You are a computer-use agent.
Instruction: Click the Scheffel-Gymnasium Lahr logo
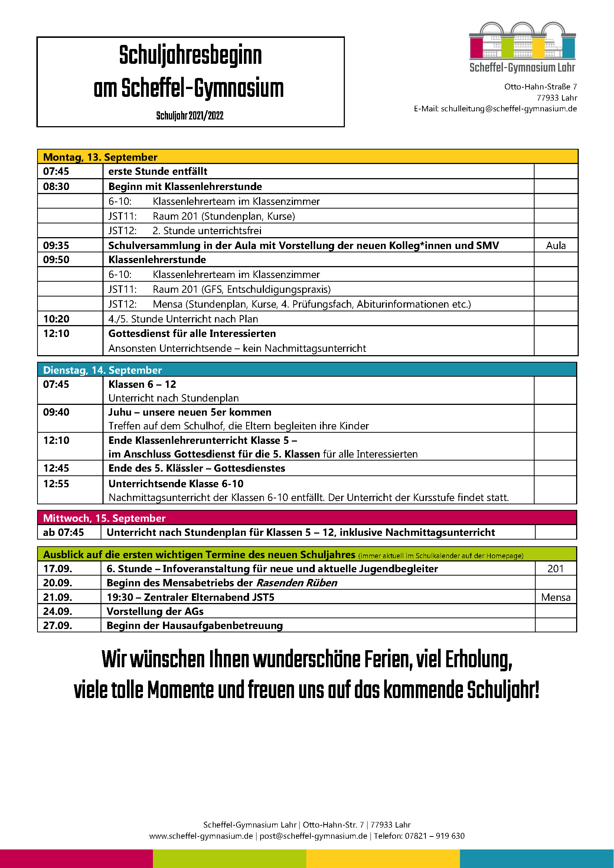(x=522, y=47)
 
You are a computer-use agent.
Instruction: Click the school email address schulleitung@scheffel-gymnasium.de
(x=509, y=109)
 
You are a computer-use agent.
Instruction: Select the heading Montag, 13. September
(x=100, y=157)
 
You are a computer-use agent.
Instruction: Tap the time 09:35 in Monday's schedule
(x=56, y=245)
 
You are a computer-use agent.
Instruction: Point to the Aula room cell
(x=556, y=245)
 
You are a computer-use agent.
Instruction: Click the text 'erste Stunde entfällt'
(x=158, y=171)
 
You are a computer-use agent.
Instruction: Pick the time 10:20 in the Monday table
(x=56, y=319)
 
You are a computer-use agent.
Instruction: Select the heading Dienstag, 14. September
(x=102, y=370)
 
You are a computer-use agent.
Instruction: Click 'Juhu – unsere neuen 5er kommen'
(x=190, y=412)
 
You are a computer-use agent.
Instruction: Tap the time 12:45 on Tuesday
(x=56, y=468)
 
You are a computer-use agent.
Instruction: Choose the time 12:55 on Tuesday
(x=56, y=484)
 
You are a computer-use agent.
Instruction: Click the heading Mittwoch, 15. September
(x=104, y=518)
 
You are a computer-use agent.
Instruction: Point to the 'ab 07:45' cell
(x=63, y=532)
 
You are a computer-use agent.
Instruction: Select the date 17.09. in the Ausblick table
(x=58, y=569)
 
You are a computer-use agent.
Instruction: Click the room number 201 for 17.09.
(x=555, y=569)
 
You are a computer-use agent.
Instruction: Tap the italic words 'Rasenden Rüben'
(x=297, y=583)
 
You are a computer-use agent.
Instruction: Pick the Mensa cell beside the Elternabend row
(x=556, y=597)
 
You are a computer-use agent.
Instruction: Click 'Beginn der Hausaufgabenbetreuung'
(x=195, y=625)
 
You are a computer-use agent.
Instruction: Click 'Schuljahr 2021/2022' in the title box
(x=190, y=116)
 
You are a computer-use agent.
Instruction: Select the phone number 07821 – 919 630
(x=434, y=836)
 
